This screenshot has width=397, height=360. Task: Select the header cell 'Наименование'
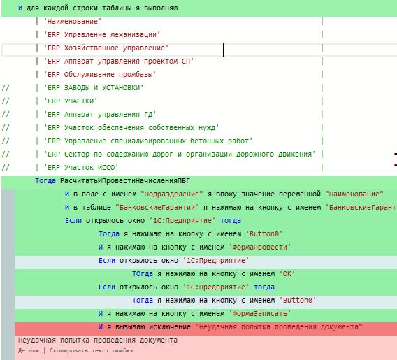(73, 21)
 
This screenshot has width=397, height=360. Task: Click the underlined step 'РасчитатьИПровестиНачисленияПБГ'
(125, 181)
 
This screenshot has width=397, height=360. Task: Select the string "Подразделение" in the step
(172, 194)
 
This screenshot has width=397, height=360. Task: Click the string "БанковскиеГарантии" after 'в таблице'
(157, 208)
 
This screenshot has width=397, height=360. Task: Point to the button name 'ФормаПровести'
(260, 247)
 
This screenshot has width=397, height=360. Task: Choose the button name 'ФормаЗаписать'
(260, 314)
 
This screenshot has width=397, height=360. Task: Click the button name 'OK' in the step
(287, 274)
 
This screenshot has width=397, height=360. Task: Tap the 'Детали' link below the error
(29, 350)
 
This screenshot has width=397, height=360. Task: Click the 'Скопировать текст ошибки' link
(92, 350)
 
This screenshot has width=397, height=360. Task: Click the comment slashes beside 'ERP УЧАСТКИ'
(6, 101)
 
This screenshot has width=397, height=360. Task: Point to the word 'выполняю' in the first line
(161, 8)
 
